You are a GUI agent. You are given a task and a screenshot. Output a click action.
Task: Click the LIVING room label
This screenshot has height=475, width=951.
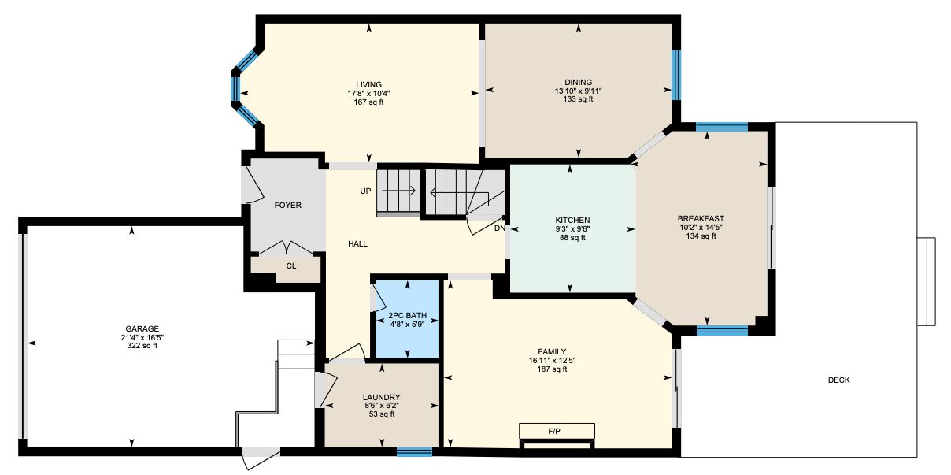point(368,84)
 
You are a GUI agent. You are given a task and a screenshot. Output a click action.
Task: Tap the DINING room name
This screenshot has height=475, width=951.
point(578,82)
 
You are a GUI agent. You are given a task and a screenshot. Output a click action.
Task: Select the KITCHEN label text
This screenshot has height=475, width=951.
point(572,220)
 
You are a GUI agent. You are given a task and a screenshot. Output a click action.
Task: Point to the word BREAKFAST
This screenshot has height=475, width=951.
point(701,219)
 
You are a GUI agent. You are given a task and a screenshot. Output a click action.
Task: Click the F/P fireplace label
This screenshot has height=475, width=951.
point(554,431)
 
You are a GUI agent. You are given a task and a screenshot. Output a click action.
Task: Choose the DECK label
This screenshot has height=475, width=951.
point(839,380)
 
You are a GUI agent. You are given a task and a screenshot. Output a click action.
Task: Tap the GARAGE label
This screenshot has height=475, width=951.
point(142,328)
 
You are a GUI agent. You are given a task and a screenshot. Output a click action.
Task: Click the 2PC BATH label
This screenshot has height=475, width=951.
point(408,316)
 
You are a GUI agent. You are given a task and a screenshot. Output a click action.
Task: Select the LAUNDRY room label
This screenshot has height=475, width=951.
point(381,397)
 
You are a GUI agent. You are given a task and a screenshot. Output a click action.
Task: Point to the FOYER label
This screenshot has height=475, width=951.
point(288,206)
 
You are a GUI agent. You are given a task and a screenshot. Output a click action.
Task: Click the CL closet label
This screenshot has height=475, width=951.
point(290,266)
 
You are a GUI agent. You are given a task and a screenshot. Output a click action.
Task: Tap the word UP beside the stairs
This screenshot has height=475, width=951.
point(365,191)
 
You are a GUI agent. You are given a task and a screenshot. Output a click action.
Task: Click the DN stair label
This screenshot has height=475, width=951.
point(500,228)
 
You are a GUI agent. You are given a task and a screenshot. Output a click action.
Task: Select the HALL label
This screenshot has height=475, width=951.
point(357,244)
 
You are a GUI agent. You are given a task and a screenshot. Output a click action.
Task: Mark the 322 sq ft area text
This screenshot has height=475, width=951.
point(142,346)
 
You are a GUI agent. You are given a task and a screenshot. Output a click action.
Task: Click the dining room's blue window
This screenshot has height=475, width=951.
point(676,75)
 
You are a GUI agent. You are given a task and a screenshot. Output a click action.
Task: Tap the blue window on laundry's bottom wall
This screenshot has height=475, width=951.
point(414,452)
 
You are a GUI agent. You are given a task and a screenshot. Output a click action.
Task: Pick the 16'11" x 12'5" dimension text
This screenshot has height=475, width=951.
point(552,360)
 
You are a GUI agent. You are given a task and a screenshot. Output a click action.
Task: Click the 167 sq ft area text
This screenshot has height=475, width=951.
point(368,102)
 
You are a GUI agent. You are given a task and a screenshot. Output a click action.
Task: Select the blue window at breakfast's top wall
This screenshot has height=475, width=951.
point(722,127)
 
